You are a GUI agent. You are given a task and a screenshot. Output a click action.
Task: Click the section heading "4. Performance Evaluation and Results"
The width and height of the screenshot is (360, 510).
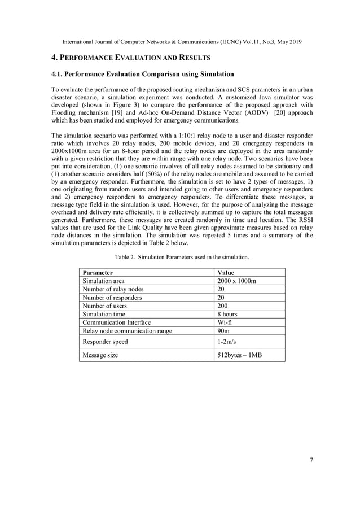tap(131, 58)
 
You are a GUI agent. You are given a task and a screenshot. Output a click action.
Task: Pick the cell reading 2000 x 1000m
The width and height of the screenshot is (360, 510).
tap(236, 281)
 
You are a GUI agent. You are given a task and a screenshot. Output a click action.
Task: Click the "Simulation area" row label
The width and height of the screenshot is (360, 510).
tap(104, 281)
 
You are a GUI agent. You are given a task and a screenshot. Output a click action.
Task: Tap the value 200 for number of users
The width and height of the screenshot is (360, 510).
tap(222, 306)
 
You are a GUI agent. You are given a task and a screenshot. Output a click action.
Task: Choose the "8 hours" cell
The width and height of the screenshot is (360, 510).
tap(227, 314)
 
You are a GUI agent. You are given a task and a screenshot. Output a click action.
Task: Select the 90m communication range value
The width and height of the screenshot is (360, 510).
tap(223, 331)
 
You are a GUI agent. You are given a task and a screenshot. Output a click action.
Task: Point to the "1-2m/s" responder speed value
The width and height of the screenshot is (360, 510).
tap(227, 341)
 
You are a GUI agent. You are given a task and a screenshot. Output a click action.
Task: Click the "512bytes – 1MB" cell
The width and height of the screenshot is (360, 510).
tap(239, 355)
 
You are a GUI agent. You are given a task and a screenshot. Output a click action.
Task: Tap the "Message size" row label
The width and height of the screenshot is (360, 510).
tap(100, 355)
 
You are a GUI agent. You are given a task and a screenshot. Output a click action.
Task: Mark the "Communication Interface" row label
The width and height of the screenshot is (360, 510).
tap(117, 322)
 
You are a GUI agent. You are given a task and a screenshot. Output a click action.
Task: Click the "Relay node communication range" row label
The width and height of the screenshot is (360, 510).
tap(127, 331)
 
